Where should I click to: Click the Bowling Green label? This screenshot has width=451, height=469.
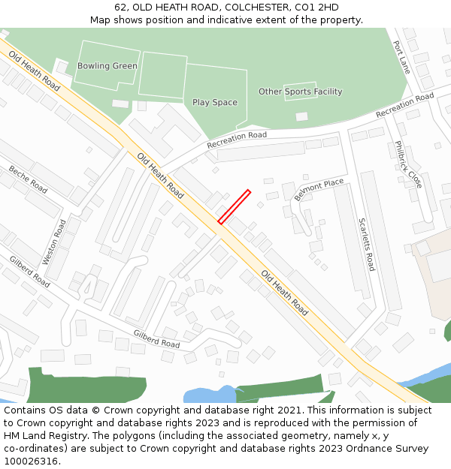click(107, 66)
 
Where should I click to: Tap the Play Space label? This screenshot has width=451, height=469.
click(214, 102)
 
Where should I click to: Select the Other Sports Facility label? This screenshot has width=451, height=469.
click(300, 92)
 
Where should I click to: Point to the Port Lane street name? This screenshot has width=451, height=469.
click(402, 56)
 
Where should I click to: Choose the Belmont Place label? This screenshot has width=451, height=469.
click(319, 190)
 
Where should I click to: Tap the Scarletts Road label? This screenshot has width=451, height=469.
click(366, 245)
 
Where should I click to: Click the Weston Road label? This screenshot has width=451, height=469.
click(54, 242)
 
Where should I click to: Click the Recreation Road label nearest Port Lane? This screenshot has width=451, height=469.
click(404, 105)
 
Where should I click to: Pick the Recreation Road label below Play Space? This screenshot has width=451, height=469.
click(237, 140)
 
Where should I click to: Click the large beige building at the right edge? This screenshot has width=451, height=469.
click(434, 266)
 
